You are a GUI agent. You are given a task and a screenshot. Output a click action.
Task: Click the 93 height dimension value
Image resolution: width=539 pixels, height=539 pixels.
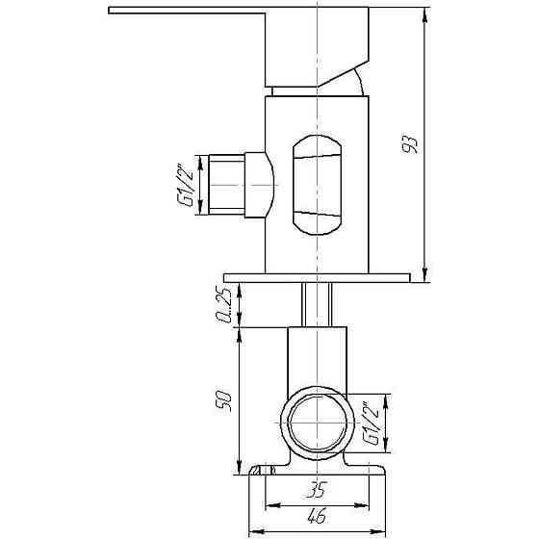point(410,144)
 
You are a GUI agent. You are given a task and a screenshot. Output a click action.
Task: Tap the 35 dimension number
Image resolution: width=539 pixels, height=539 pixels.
point(316,490)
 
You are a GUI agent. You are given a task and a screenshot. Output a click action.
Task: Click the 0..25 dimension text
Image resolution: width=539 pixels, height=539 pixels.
point(224,305)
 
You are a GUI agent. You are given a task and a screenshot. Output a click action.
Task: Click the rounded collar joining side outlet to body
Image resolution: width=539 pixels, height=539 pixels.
point(262,183)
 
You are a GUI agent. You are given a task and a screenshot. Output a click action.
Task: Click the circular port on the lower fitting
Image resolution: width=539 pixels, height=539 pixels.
point(316,424)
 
